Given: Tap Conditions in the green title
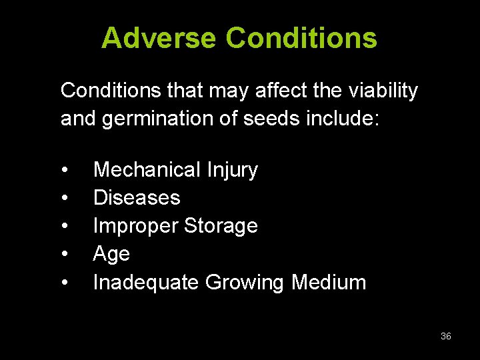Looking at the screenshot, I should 301,38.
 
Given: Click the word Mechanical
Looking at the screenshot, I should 147,170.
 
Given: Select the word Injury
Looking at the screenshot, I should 231,171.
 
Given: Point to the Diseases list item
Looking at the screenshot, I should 137,198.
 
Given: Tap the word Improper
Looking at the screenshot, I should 135,227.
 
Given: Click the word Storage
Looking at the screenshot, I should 221,227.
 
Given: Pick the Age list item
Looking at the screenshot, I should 111,255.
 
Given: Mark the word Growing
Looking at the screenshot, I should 245,283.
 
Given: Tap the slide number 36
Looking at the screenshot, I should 446,337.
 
